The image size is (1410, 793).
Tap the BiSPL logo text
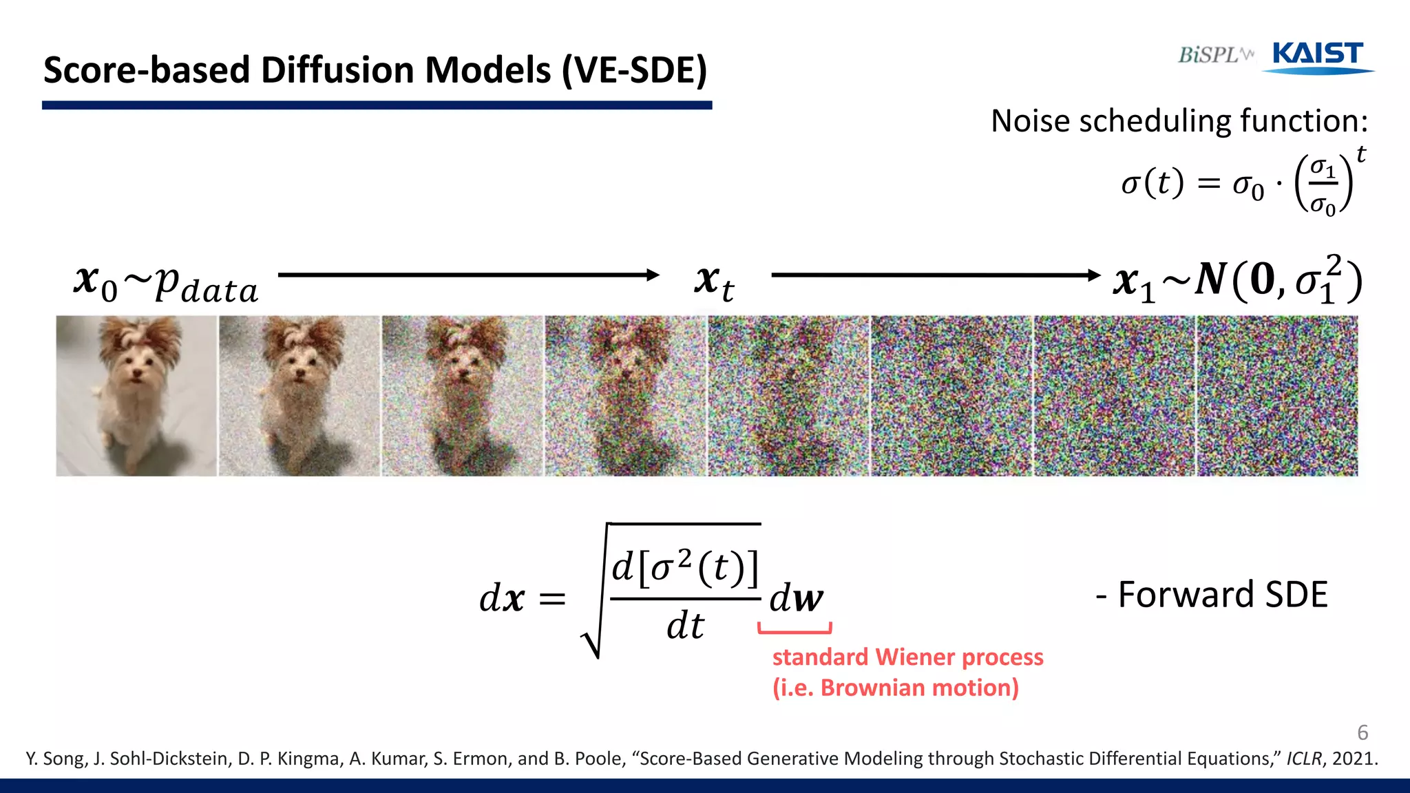tap(1212, 55)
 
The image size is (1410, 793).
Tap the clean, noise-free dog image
tap(136, 396)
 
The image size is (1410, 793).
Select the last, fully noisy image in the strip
tap(1277, 396)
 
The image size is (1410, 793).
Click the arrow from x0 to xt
tap(468, 275)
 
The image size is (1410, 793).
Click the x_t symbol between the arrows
tap(714, 282)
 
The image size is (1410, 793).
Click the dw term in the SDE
tap(796, 598)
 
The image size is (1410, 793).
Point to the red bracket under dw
tap(795, 629)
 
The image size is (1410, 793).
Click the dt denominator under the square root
tap(685, 626)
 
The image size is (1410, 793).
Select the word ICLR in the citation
tap(1304, 759)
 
